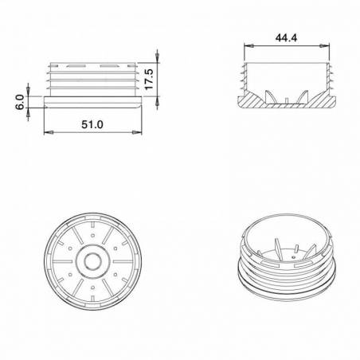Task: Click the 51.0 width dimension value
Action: pyautogui.click(x=94, y=124)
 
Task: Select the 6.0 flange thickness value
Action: pyautogui.click(x=20, y=103)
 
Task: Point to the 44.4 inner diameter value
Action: pyautogui.click(x=286, y=37)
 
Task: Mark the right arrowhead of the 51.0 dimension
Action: pyautogui.click(x=143, y=133)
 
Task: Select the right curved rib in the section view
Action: pyautogui.click(x=303, y=97)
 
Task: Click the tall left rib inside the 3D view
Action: pyautogui.click(x=276, y=246)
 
